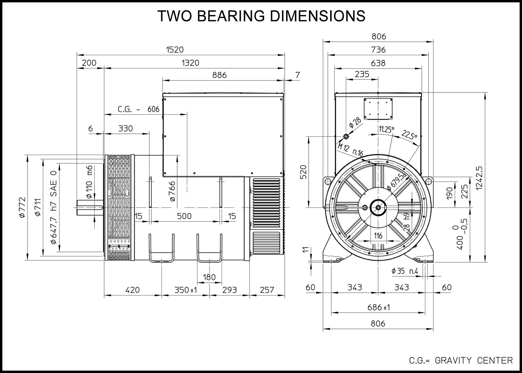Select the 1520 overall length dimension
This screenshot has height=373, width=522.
pos(175,50)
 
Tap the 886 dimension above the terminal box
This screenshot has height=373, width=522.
pos(219,75)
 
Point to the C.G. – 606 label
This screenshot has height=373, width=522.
pos(139,109)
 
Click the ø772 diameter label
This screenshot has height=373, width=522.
pos(22,208)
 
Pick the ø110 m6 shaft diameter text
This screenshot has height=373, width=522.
pos(89,182)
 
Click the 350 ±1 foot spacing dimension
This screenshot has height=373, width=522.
pos(185,290)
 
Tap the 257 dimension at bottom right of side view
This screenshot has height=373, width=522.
pos(267,290)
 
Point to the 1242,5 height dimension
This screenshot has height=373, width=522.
pos(479,178)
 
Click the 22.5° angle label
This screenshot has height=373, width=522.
pos(409,135)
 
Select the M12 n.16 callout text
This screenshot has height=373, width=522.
pos(350,150)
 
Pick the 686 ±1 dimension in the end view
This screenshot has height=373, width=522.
pos(379,307)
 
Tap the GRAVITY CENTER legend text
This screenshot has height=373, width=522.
pos(474,360)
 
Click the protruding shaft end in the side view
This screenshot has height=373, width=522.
pos(90,207)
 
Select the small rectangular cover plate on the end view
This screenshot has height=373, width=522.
pos(378,109)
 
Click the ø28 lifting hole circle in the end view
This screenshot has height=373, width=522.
pos(346,136)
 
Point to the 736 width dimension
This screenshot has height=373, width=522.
pos(378,50)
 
